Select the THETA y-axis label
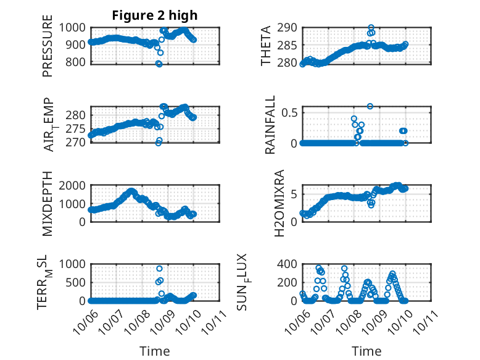click(265, 45)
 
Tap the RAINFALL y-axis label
click(270, 125)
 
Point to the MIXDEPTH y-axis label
click(48, 204)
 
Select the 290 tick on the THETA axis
click(288, 27)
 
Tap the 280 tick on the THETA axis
click(288, 63)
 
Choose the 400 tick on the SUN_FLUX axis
click(288, 264)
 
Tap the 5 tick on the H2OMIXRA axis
click(294, 194)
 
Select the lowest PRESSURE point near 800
click(159, 64)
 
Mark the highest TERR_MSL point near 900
click(159, 269)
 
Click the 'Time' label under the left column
click(155, 351)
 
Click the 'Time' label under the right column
click(366, 351)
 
